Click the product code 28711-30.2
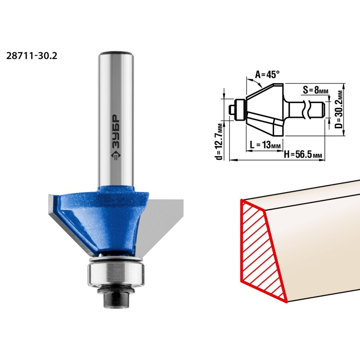[x=31, y=56]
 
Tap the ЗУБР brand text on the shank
[x=116, y=132]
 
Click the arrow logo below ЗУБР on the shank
[x=116, y=156]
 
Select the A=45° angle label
[x=267, y=74]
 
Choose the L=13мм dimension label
[x=265, y=145]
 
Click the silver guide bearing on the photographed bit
[x=116, y=274]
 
